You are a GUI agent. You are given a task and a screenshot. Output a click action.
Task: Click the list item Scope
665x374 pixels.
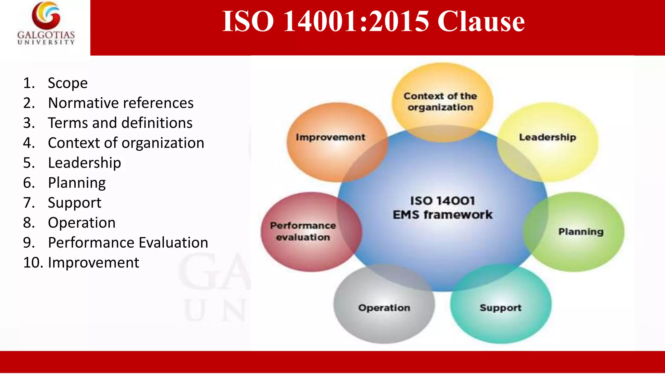coord(68,83)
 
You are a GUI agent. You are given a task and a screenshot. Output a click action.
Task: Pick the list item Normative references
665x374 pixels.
coord(121,103)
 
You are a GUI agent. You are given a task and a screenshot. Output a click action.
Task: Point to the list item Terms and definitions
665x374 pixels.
coord(120,123)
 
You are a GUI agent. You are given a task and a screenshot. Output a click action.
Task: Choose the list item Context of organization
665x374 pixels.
coord(126,143)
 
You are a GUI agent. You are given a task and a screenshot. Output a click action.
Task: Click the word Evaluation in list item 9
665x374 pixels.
coord(173,243)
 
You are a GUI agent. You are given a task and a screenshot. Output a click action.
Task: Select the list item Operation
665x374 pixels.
coord(82,223)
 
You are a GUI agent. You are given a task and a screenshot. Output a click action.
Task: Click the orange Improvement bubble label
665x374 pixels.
coord(330,137)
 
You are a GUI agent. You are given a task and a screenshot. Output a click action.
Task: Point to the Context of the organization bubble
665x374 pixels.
coord(440,102)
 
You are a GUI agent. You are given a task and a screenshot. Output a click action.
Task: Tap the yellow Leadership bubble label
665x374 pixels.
coord(547,137)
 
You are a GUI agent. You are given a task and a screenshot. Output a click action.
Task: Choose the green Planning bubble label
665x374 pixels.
coord(581,232)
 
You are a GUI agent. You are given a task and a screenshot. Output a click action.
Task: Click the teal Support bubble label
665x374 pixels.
coord(500,308)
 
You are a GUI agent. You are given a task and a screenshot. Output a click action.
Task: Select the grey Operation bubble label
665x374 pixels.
coord(384,308)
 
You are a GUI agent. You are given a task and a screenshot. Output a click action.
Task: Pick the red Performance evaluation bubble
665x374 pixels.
coord(303,231)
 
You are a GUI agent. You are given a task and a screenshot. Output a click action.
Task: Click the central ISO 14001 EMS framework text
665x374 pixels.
coord(442,208)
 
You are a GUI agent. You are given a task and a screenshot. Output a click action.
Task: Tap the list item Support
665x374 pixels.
coord(74,203)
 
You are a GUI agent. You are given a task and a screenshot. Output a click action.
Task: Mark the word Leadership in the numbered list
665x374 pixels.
coord(84,163)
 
